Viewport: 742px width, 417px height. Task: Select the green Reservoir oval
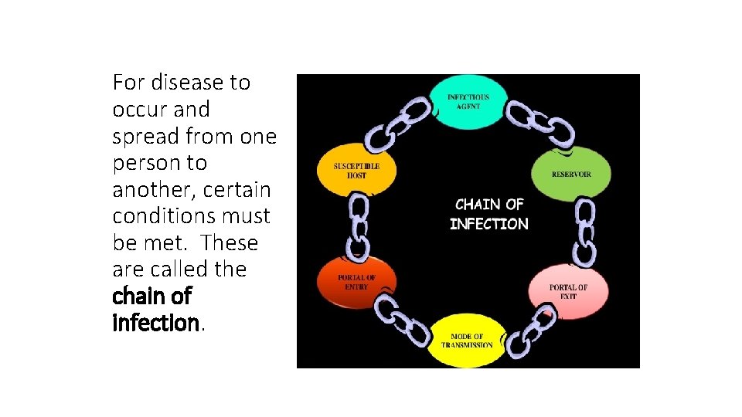tap(571, 174)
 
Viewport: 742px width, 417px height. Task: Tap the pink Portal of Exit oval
tap(568, 291)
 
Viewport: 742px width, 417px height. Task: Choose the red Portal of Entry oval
tap(356, 282)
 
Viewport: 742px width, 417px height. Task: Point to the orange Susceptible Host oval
tap(356, 171)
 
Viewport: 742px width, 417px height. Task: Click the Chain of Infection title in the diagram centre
tap(490, 214)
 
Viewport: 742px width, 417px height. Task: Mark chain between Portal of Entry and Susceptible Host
tap(359, 225)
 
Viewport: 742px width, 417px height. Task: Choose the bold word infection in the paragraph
tap(155, 323)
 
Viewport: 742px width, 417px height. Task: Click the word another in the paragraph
tap(150, 189)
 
